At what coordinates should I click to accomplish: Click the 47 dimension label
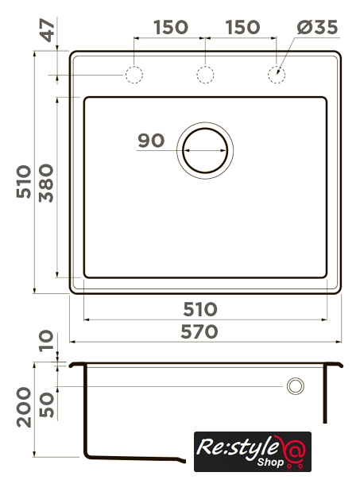pyautogui.click(x=48, y=30)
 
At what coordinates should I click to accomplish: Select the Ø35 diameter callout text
pyautogui.click(x=317, y=27)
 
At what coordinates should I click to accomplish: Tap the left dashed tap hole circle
pyautogui.click(x=134, y=75)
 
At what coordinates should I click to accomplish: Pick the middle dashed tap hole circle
pyautogui.click(x=205, y=75)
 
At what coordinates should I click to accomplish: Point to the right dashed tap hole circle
pyautogui.click(x=277, y=75)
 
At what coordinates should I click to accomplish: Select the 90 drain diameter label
pyautogui.click(x=151, y=141)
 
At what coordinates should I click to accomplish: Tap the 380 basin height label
pyautogui.click(x=47, y=184)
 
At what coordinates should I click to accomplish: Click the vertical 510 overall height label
pyautogui.click(x=24, y=182)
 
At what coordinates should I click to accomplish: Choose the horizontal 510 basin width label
pyautogui.click(x=200, y=309)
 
